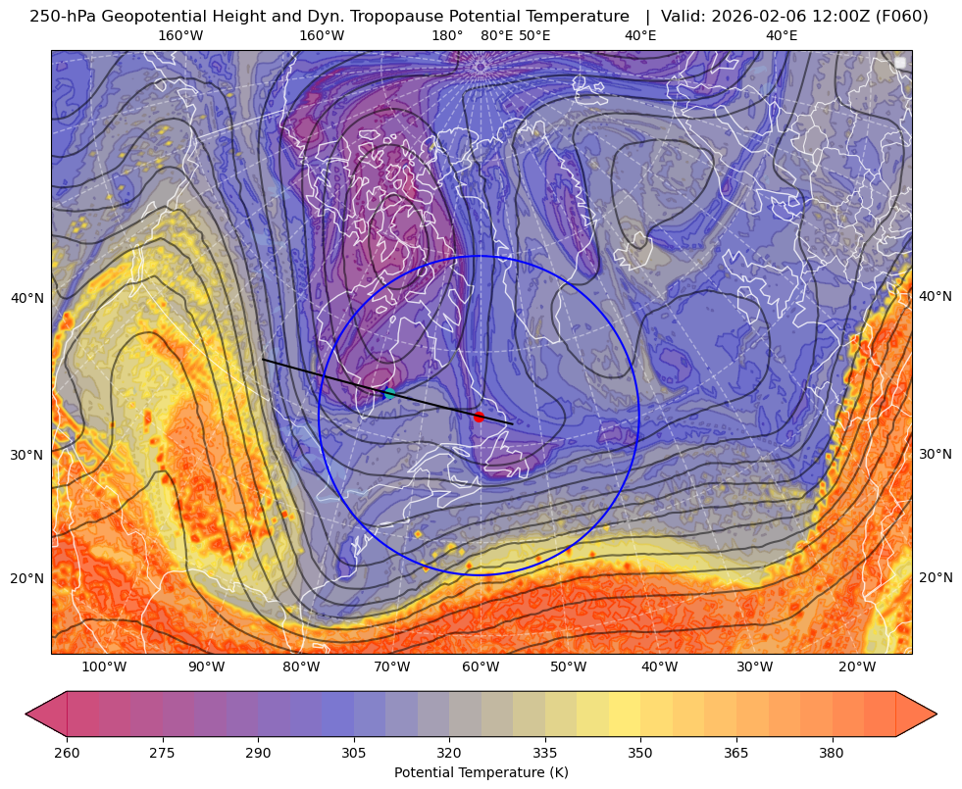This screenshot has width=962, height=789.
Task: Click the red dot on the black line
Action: coord(479,417)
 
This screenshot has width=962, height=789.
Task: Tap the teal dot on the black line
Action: coord(389,393)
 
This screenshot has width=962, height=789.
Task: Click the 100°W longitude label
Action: coord(104,667)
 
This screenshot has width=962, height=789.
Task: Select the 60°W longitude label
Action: coord(481,667)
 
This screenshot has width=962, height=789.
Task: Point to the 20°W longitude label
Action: coord(857,667)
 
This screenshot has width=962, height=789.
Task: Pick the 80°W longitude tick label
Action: coord(301,667)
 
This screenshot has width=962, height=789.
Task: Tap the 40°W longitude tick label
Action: coord(659,667)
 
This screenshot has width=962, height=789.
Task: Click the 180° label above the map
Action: coord(447,36)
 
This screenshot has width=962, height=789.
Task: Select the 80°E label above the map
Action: coord(497,36)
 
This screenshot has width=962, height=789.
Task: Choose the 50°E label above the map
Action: coord(534,36)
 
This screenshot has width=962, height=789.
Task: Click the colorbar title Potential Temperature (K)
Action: coord(481,772)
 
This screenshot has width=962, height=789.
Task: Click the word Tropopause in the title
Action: coord(382,16)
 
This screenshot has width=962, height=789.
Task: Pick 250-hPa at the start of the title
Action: coord(62,16)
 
